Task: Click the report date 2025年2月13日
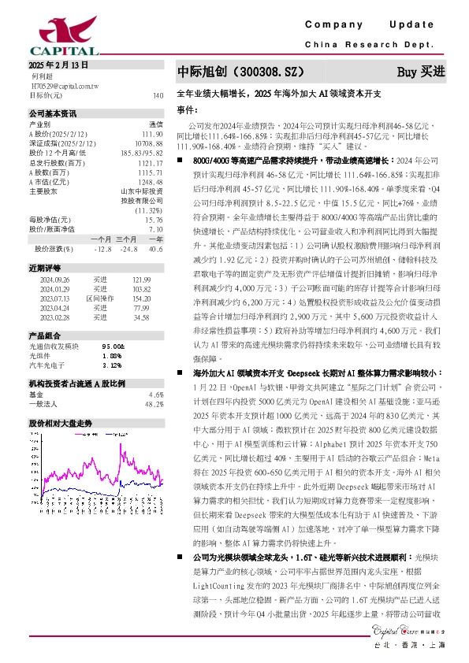[58, 65]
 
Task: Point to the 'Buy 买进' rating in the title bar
[422, 72]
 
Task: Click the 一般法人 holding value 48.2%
[153, 403]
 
